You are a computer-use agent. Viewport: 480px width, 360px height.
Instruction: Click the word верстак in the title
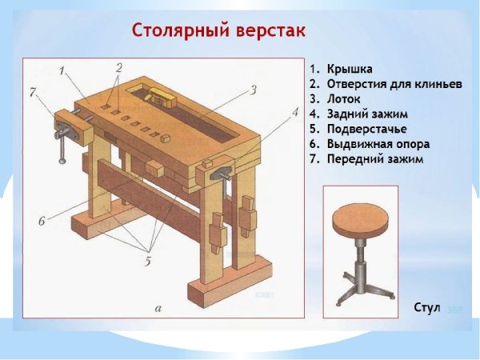[270, 32]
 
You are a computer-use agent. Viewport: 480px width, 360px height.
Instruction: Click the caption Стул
[427, 308]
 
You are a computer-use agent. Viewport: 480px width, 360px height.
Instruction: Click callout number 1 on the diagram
[62, 70]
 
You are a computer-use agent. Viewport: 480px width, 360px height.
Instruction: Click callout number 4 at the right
[294, 112]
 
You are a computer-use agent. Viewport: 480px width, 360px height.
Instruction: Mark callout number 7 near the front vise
[32, 93]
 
